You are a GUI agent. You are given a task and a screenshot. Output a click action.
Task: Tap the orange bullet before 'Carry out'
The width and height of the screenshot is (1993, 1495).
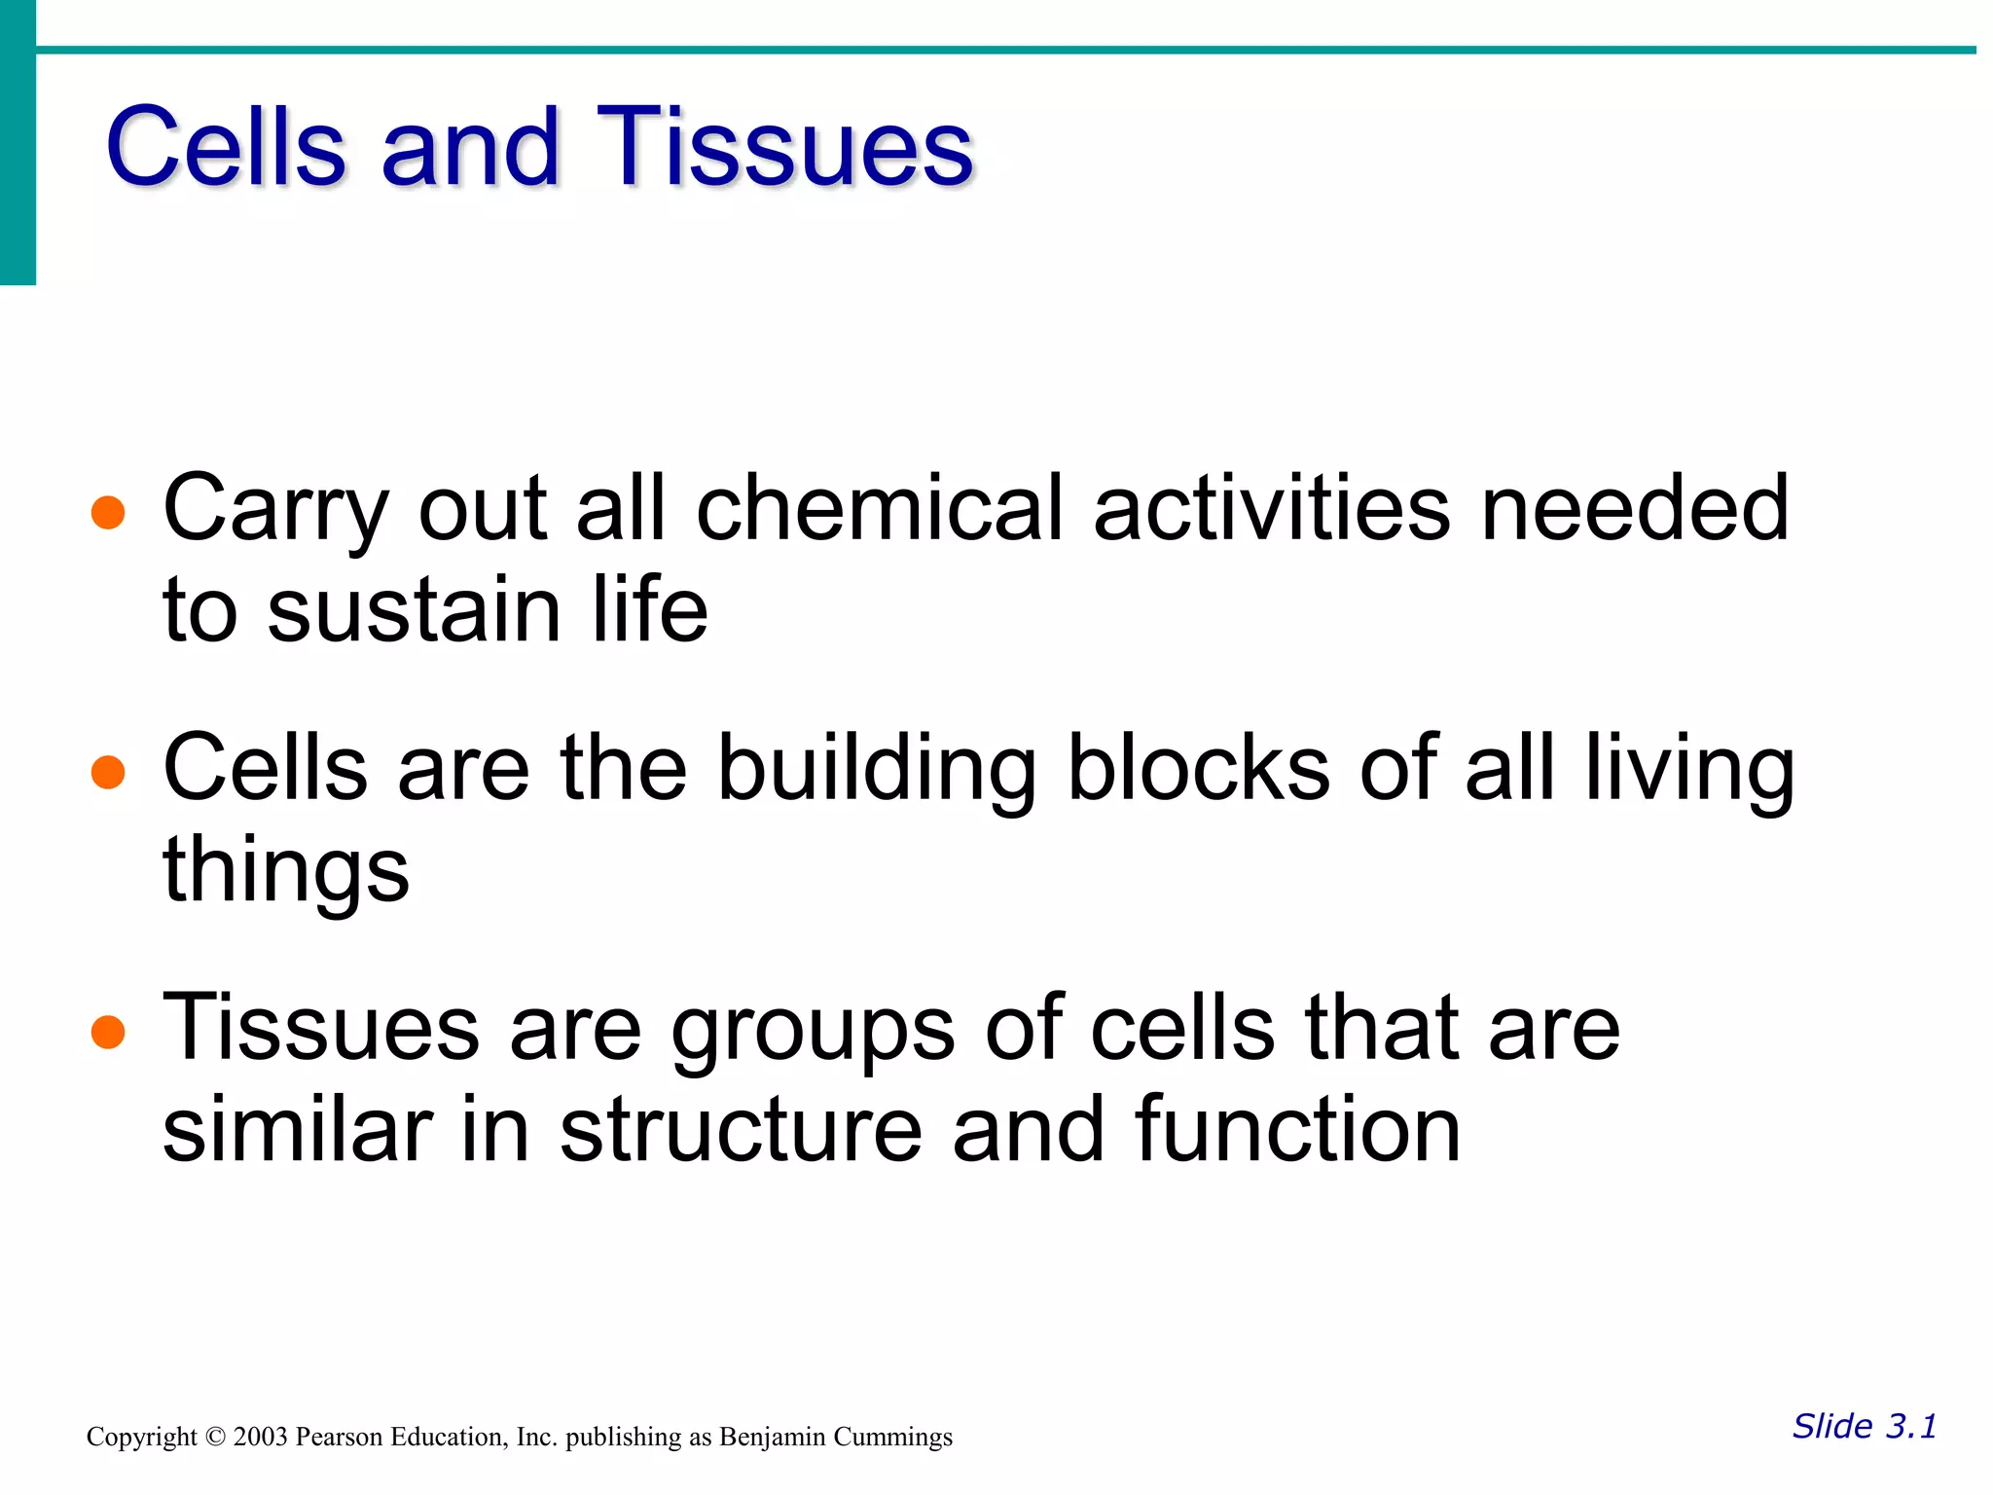pyautogui.click(x=108, y=512)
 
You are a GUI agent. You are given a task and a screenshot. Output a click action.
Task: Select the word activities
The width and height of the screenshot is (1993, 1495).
pyautogui.click(x=1271, y=508)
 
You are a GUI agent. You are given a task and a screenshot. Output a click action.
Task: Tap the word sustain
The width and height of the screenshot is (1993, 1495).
pyautogui.click(x=415, y=610)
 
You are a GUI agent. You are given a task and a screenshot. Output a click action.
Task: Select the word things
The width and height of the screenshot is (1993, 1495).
pyautogui.click(x=286, y=872)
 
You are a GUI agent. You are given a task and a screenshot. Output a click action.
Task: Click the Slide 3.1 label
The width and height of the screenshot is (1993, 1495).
pyautogui.click(x=1864, y=1426)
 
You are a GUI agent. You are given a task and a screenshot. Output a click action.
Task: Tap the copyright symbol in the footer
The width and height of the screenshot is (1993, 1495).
pyautogui.click(x=215, y=1438)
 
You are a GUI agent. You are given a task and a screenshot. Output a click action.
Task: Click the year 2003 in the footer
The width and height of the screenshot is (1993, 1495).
pyautogui.click(x=260, y=1438)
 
